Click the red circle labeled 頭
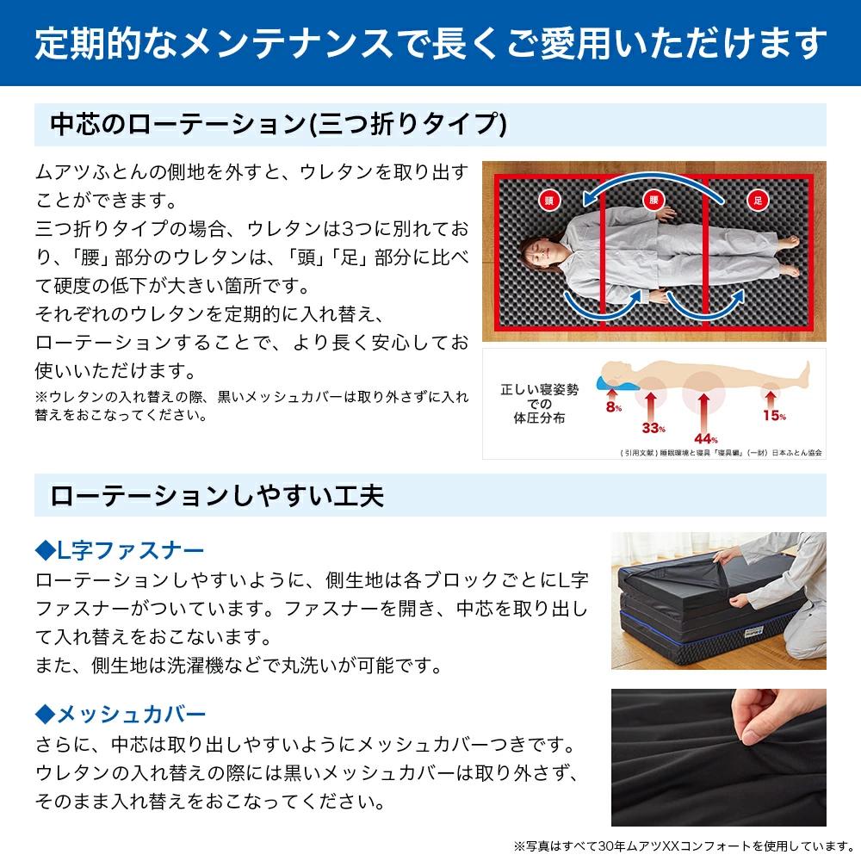(548, 201)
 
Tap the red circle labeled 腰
(653, 200)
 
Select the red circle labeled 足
(758, 201)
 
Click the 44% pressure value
(706, 439)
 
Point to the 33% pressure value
(653, 428)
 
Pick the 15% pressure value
(774, 416)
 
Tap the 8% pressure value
(614, 407)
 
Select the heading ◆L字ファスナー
(119, 550)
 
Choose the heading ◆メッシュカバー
(121, 714)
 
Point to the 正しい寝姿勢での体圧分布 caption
(539, 404)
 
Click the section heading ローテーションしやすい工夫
(217, 495)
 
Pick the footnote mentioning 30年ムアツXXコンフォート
(684, 846)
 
